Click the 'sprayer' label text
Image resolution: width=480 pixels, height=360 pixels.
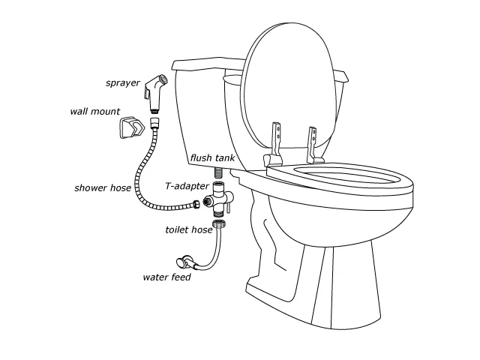coord(123,83)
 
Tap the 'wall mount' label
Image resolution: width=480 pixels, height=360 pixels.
coord(95,111)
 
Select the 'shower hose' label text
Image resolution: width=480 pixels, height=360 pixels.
coord(103,187)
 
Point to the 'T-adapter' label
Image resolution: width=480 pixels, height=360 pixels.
coord(187,186)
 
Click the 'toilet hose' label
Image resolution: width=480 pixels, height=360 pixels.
coord(189,229)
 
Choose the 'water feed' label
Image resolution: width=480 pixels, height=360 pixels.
coord(166,277)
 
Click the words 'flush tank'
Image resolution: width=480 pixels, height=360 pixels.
coord(212,158)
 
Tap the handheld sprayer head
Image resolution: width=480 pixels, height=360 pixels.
coord(156,92)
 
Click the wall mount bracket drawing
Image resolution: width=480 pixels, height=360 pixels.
coord(132,127)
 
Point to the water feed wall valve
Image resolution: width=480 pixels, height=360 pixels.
coord(184,261)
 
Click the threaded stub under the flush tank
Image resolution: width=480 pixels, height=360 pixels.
coord(219,173)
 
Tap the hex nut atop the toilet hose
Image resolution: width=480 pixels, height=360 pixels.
coord(219,223)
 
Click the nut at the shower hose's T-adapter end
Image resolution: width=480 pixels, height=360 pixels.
coord(196,205)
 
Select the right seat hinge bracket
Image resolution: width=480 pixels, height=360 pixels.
coord(313,145)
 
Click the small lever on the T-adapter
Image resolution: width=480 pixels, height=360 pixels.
coord(228,207)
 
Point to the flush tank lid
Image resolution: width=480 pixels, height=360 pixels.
coord(208,64)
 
